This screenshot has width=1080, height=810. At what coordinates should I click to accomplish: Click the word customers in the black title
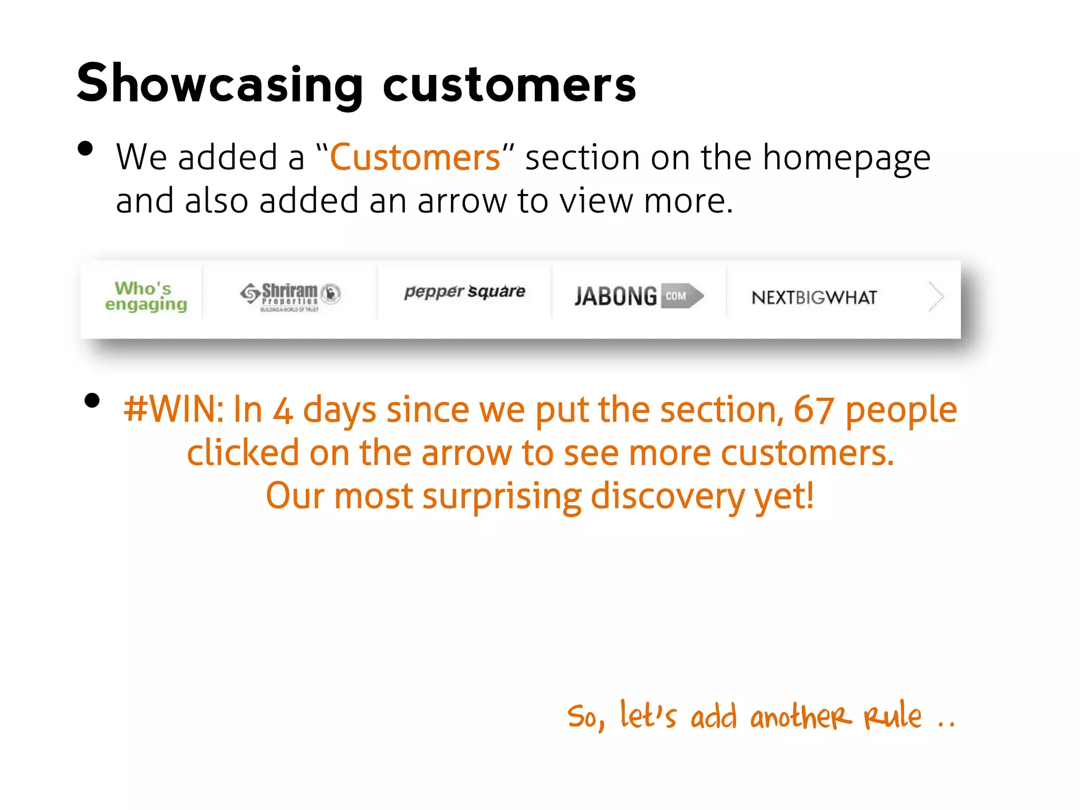[509, 85]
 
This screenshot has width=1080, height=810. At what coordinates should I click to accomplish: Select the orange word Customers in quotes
[415, 157]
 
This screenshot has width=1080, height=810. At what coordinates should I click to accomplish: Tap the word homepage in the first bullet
[846, 158]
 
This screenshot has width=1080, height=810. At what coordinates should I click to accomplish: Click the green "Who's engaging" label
[145, 296]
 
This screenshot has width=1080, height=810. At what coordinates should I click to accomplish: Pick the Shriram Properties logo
[291, 296]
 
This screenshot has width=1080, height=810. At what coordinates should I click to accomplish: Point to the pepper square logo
[465, 292]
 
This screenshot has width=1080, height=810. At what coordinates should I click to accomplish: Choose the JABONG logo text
[615, 296]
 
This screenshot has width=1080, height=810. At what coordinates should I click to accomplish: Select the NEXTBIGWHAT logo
[814, 297]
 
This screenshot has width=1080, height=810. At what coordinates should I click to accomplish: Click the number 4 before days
[283, 411]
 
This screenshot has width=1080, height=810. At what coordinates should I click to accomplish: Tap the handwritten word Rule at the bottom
[892, 716]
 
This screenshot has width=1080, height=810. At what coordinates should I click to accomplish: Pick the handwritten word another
[801, 717]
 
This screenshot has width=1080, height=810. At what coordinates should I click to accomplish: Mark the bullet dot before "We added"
[85, 149]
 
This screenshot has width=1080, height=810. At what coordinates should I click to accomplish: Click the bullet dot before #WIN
[92, 401]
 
